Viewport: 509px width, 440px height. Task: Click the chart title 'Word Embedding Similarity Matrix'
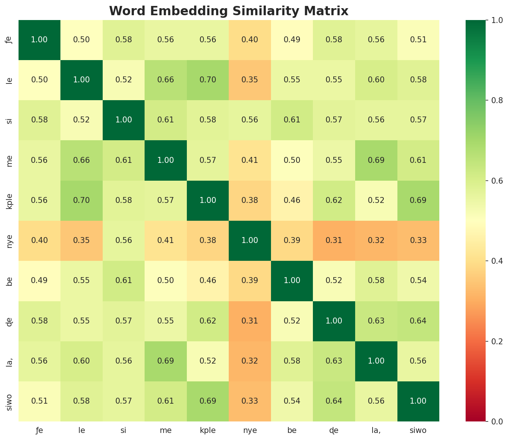point(229,11)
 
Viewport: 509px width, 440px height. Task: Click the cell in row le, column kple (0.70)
point(208,80)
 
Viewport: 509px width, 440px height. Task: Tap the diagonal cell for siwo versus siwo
point(418,401)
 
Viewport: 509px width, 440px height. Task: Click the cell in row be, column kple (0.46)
point(208,280)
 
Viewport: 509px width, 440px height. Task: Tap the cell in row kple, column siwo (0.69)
point(418,200)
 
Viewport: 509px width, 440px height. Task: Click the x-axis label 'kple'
point(208,431)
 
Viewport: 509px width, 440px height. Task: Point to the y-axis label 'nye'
point(10,240)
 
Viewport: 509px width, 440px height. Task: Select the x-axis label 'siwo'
point(418,431)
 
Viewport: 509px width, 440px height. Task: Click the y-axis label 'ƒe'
point(10,40)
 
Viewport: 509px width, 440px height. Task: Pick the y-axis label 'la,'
point(10,361)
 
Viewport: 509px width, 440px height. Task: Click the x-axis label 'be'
point(292,431)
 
